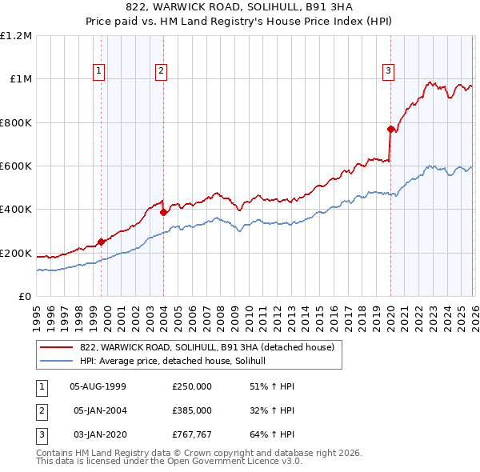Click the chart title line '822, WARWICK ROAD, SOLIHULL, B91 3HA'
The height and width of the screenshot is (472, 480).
[x=239, y=7]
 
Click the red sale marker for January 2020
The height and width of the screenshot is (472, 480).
[x=390, y=129]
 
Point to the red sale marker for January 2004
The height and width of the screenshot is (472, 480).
[x=163, y=213]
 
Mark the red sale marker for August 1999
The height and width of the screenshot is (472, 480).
[x=101, y=242]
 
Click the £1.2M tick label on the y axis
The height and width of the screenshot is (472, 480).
[x=16, y=36]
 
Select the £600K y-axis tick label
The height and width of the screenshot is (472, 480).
[x=16, y=166]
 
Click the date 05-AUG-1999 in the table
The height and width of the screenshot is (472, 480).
[x=98, y=386]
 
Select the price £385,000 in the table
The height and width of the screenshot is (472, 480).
[x=192, y=410]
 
